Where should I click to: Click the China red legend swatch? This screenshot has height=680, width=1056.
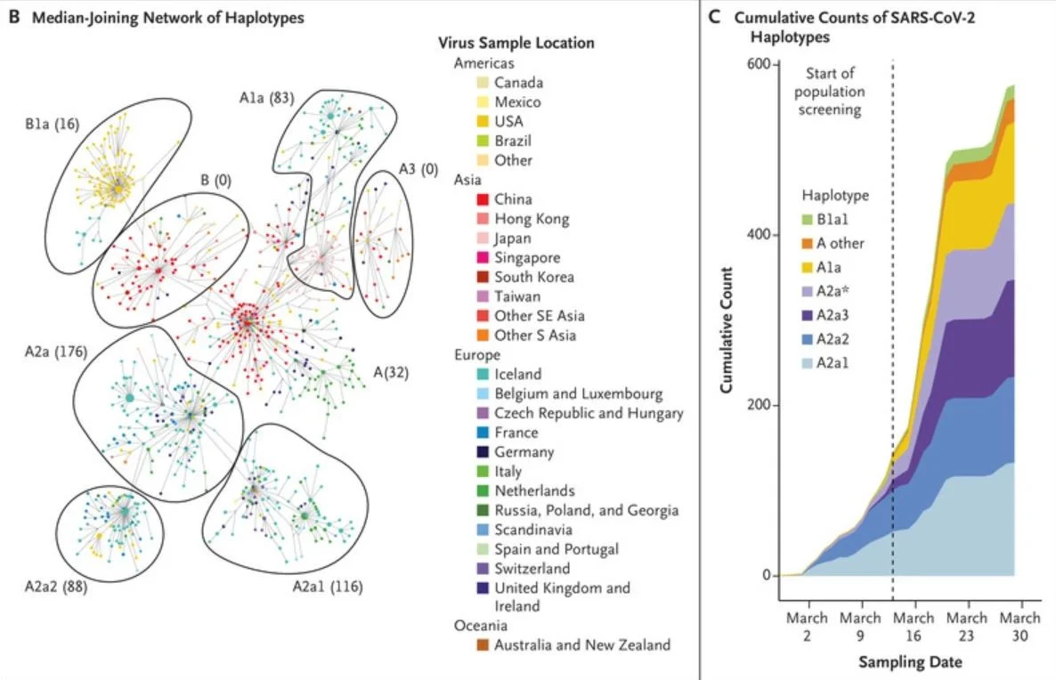(483, 199)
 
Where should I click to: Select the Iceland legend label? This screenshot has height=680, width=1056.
(517, 375)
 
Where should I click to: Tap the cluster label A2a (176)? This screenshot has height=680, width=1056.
(56, 352)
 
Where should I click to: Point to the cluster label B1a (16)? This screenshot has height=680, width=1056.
(53, 125)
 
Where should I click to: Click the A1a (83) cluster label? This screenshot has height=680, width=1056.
(267, 98)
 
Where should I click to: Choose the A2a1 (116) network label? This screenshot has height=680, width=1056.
(328, 587)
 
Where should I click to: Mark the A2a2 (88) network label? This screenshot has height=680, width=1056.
(56, 587)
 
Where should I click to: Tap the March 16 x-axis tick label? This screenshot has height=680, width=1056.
(914, 627)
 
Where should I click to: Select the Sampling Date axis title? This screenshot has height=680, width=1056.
(910, 662)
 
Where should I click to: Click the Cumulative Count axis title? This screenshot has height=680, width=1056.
(726, 330)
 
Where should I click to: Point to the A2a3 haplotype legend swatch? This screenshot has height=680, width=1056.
(808, 315)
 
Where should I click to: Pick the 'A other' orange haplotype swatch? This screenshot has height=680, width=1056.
(808, 243)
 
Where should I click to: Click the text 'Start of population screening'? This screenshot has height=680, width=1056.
(830, 92)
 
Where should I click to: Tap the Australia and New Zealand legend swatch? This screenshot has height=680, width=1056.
(483, 645)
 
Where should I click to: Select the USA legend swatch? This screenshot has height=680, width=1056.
(483, 121)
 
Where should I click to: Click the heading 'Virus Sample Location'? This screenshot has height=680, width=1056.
(516, 43)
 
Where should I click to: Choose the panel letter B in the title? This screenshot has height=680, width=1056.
(14, 17)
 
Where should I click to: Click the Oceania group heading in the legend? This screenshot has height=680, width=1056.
(480, 626)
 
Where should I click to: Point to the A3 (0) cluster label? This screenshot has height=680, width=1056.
(418, 169)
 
